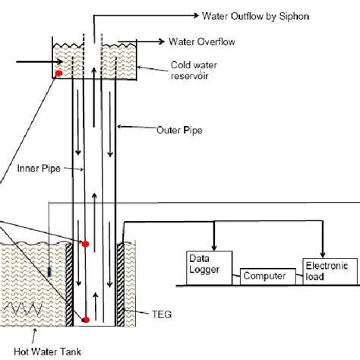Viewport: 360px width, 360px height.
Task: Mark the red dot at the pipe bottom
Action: (85, 320)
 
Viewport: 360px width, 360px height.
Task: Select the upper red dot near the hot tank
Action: (85, 243)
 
